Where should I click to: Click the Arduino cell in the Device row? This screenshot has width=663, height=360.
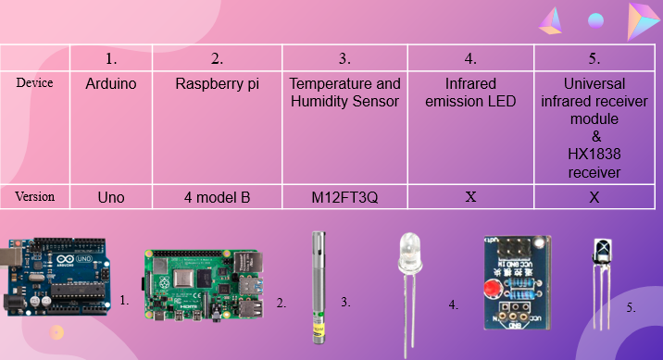click(x=110, y=83)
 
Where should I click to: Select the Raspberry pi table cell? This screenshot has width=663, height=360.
click(x=217, y=83)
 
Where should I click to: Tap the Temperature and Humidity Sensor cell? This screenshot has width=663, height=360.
click(x=345, y=92)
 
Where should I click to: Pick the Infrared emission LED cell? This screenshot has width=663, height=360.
click(x=470, y=92)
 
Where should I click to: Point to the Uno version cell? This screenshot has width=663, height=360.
click(x=110, y=197)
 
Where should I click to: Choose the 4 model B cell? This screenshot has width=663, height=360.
click(x=217, y=197)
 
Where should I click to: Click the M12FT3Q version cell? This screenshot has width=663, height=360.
click(x=345, y=197)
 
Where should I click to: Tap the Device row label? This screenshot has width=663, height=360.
click(x=34, y=82)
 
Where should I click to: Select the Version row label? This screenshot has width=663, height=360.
click(x=35, y=197)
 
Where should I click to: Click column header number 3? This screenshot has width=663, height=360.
click(x=344, y=58)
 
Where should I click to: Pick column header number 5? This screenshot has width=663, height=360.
click(x=594, y=58)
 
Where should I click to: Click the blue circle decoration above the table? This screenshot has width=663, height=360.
click(x=596, y=19)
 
